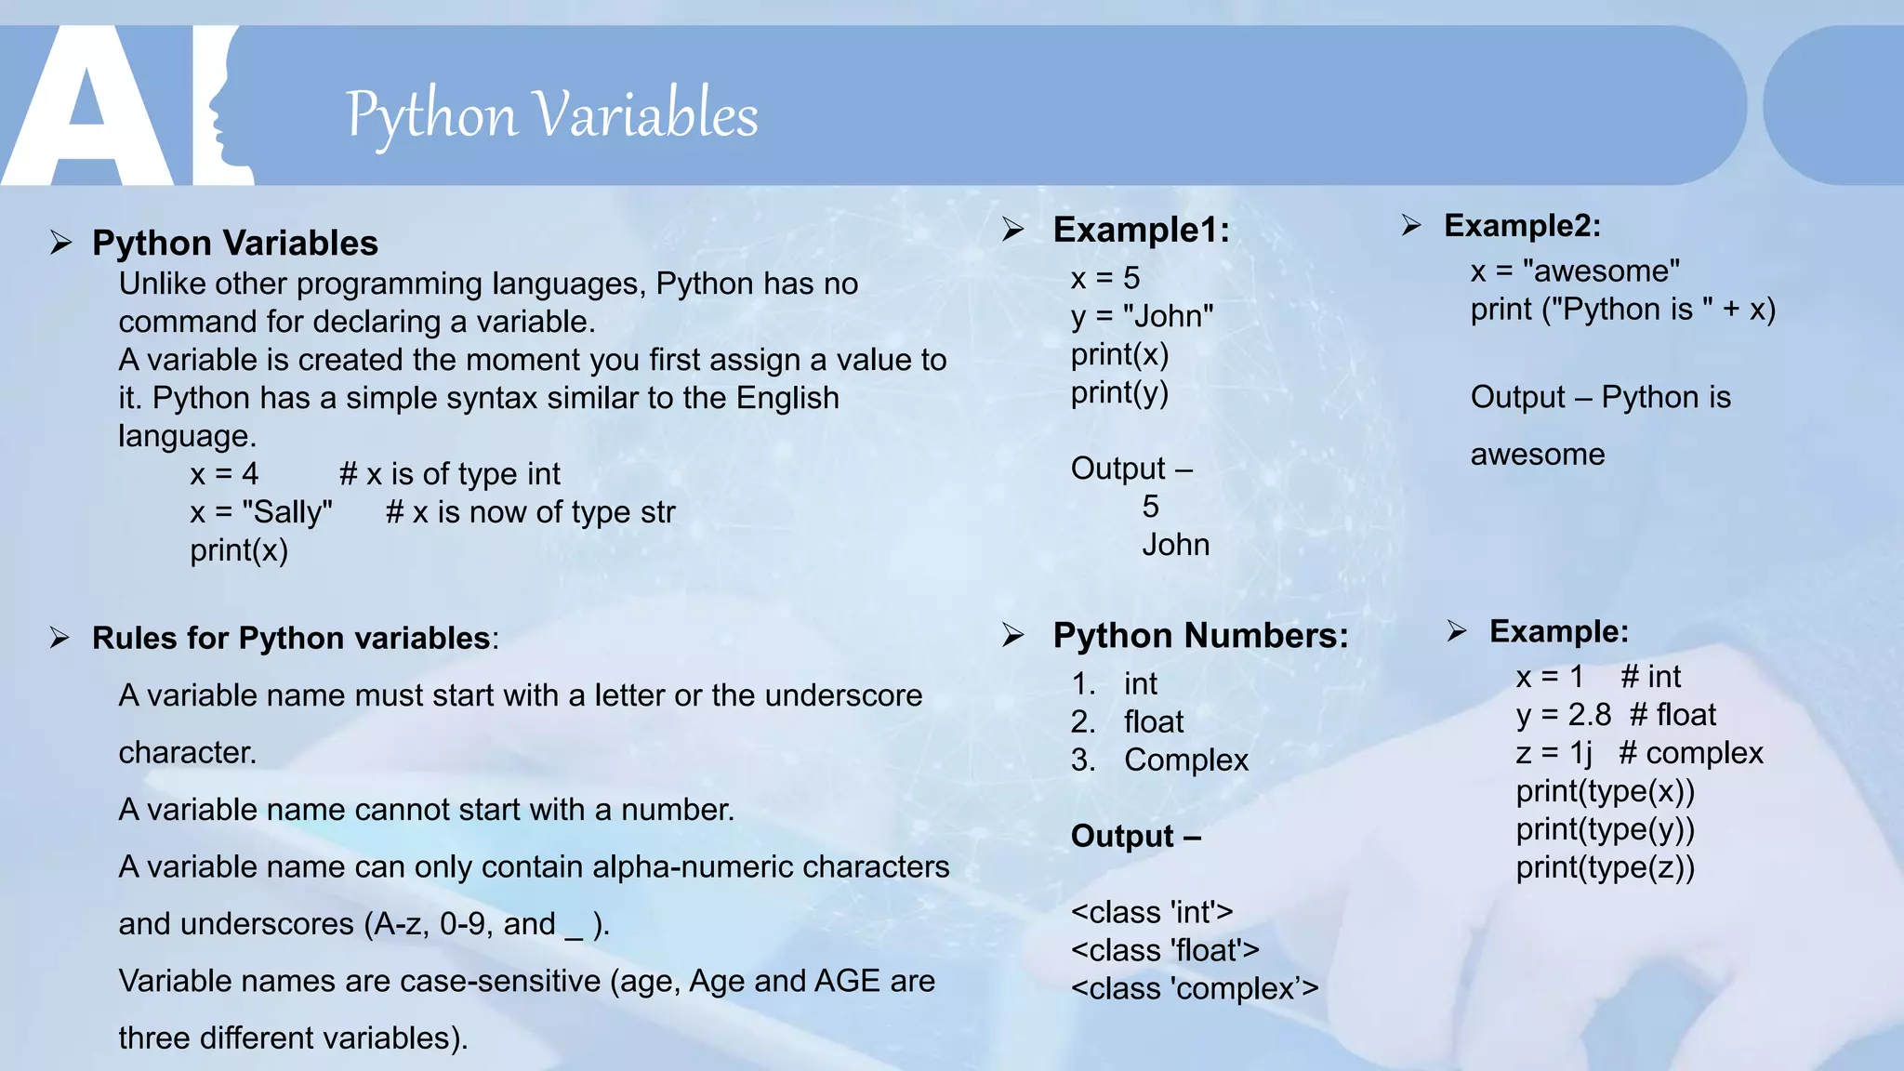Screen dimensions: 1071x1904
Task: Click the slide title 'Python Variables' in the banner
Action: click(552, 115)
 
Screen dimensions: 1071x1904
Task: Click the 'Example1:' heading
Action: click(1141, 230)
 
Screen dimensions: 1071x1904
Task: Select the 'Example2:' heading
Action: click(1522, 225)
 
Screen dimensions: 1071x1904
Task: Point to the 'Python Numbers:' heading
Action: click(1200, 636)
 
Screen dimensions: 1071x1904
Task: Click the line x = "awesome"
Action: click(1575, 271)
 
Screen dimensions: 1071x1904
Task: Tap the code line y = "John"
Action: click(1142, 316)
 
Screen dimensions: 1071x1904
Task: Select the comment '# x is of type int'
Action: click(450, 474)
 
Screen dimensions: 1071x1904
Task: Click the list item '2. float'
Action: click(1127, 721)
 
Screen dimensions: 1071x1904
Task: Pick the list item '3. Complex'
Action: click(1159, 760)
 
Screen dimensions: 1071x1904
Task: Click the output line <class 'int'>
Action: click(1152, 912)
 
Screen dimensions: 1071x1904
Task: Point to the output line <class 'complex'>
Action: click(1195, 988)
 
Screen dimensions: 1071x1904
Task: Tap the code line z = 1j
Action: click(1554, 753)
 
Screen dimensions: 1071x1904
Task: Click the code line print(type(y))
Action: click(1605, 829)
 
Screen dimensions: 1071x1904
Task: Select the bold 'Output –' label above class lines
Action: click(1136, 836)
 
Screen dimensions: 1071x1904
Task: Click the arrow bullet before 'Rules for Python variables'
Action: click(60, 638)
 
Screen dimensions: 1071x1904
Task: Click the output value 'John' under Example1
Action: click(1176, 545)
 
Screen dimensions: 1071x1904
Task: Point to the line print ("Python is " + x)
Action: click(1622, 309)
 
